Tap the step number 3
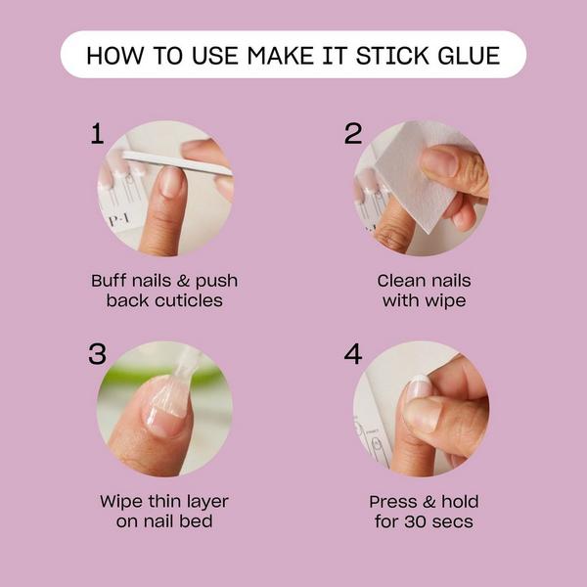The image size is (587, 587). click(x=96, y=354)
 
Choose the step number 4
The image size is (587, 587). click(x=352, y=354)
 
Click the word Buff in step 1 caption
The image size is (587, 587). click(x=111, y=281)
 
